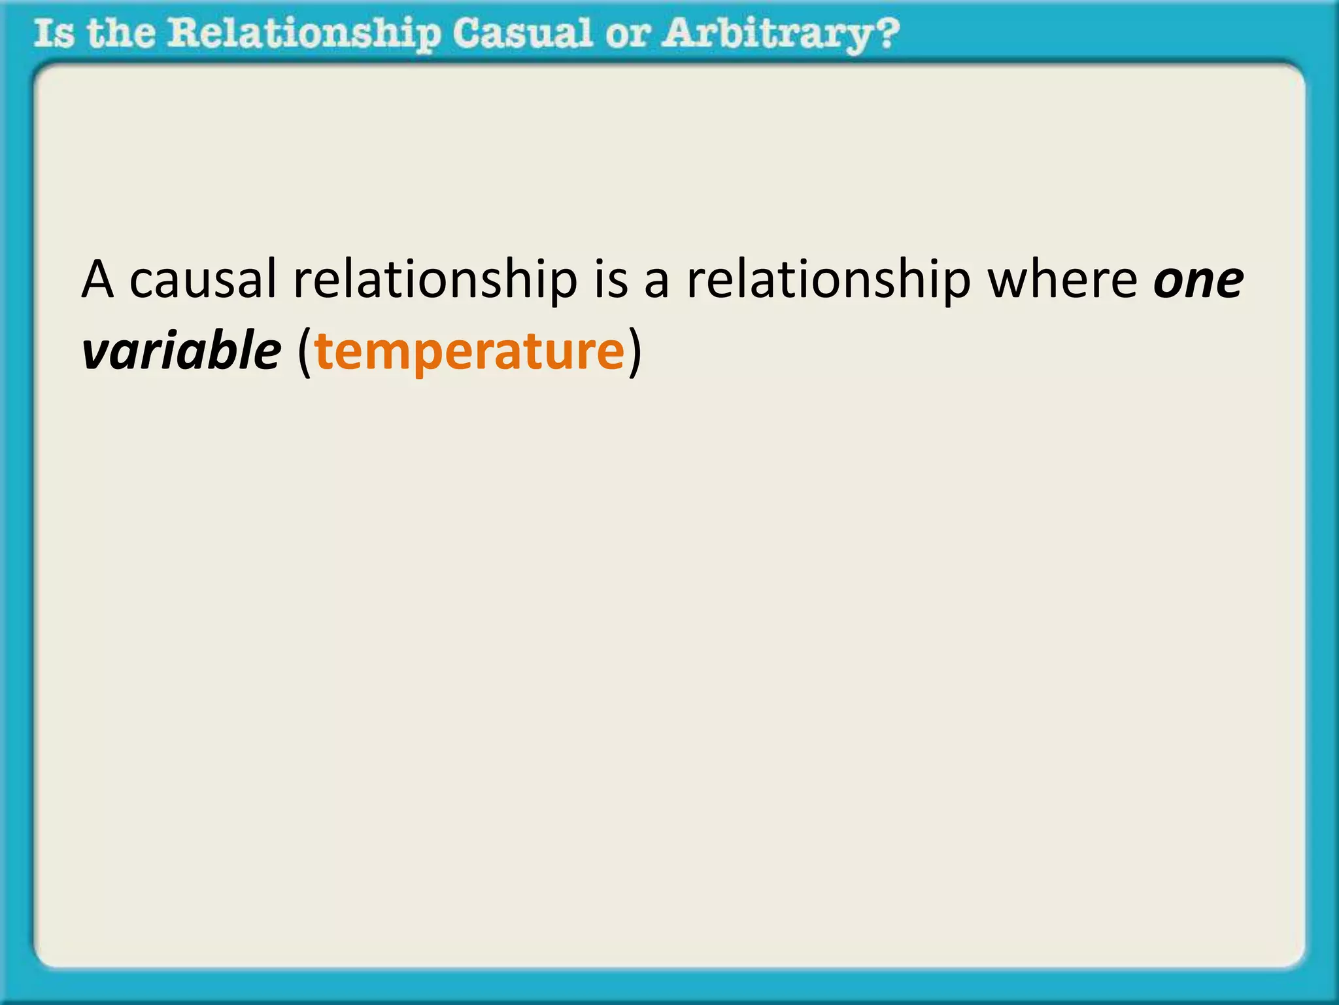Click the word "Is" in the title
(x=54, y=34)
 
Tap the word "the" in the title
(x=121, y=34)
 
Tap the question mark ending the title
(x=887, y=34)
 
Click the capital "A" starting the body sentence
(x=98, y=280)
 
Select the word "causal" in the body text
(x=203, y=280)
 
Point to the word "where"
(x=1062, y=280)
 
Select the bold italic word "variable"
(x=181, y=351)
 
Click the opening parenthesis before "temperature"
(x=304, y=353)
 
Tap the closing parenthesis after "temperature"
(x=635, y=353)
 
